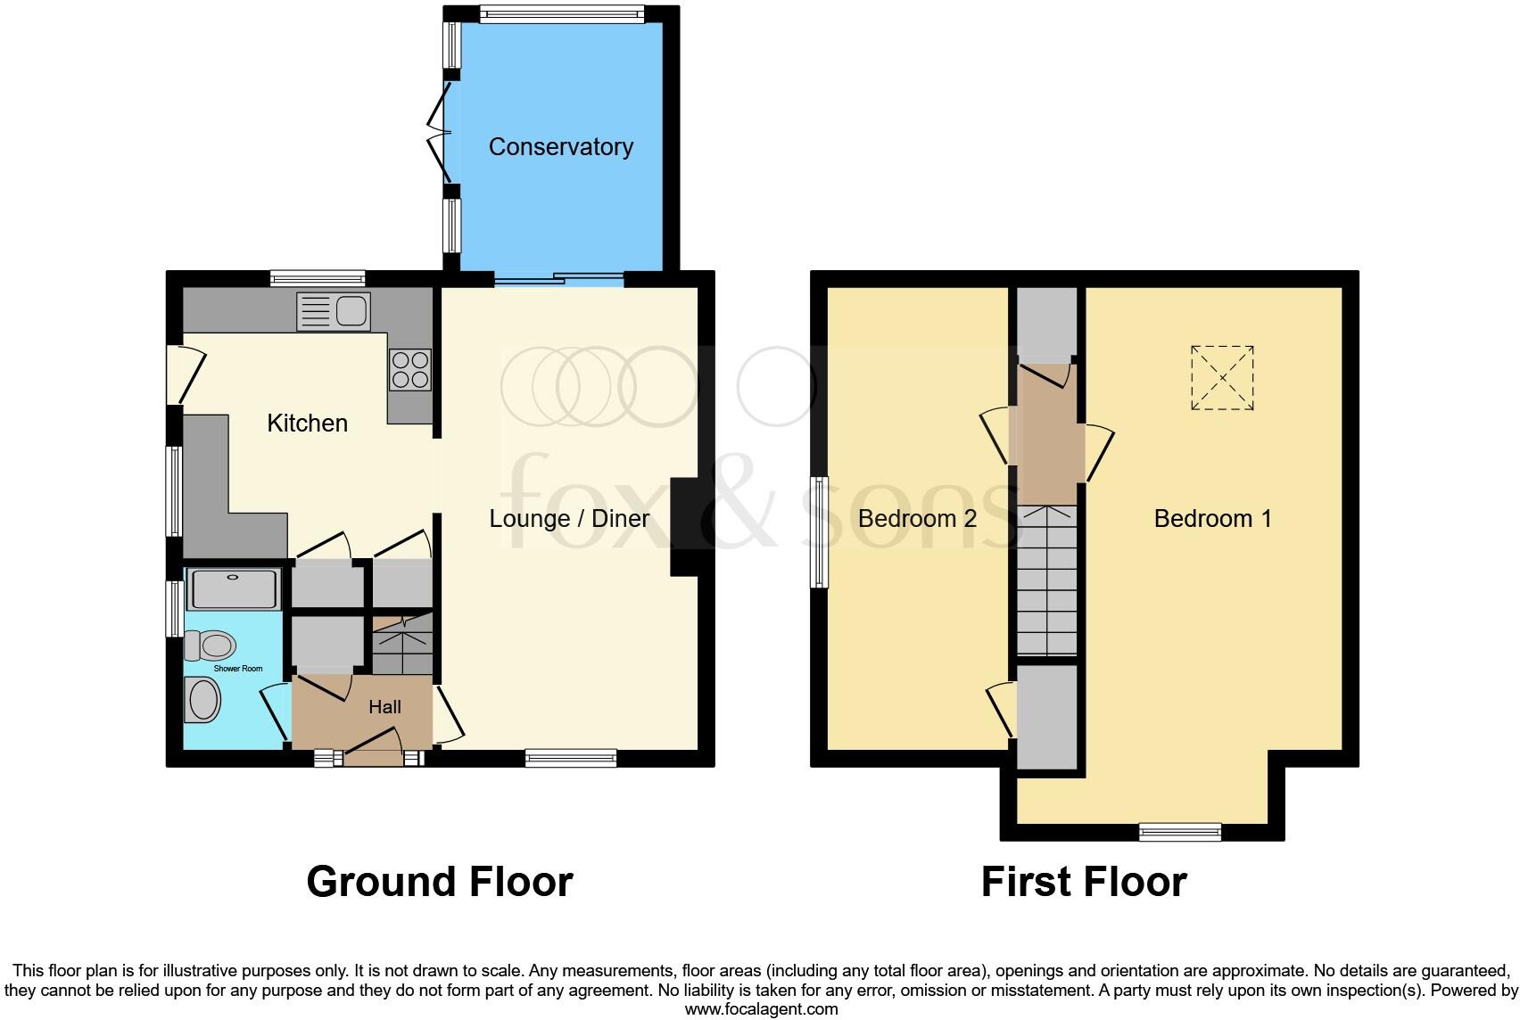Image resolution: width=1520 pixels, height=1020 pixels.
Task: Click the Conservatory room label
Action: click(560, 147)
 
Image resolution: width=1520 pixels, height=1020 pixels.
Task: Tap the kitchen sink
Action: click(335, 311)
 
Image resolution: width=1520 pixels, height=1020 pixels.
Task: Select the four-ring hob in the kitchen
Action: click(409, 369)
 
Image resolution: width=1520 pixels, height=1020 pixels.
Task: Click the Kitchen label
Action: click(307, 423)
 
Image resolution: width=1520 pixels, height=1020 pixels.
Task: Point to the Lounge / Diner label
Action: click(569, 519)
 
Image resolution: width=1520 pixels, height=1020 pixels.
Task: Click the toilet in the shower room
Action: click(211, 644)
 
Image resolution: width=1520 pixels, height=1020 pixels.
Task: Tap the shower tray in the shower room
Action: click(234, 589)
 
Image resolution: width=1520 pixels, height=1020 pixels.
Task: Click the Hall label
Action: click(384, 707)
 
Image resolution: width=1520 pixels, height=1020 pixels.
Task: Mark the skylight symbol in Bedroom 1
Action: click(1222, 378)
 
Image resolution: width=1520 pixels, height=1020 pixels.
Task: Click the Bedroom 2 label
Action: click(917, 519)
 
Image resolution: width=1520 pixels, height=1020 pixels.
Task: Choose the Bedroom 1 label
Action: click(1212, 519)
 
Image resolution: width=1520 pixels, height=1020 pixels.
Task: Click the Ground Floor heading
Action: click(439, 882)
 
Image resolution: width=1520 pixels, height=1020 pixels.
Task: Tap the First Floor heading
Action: click(1083, 882)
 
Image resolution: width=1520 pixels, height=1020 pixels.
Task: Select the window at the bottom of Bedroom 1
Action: click(1180, 832)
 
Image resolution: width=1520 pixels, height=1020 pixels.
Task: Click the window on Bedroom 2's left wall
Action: click(819, 531)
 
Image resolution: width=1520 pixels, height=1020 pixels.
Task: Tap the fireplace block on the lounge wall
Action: click(685, 526)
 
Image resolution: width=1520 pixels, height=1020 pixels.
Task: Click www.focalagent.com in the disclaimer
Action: click(761, 1009)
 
